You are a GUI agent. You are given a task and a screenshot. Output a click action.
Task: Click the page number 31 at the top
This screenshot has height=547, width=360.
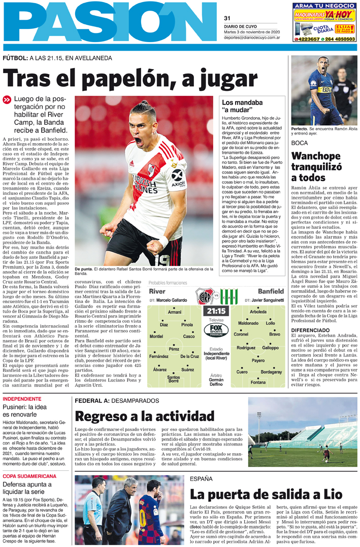(x=227, y=19)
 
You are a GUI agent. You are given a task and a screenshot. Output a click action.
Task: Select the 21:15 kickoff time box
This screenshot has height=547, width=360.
(x=216, y=311)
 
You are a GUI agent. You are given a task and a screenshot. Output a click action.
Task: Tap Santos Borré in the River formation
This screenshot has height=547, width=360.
(x=174, y=380)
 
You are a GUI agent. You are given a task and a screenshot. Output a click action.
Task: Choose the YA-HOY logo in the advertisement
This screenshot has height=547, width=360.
(x=339, y=15)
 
